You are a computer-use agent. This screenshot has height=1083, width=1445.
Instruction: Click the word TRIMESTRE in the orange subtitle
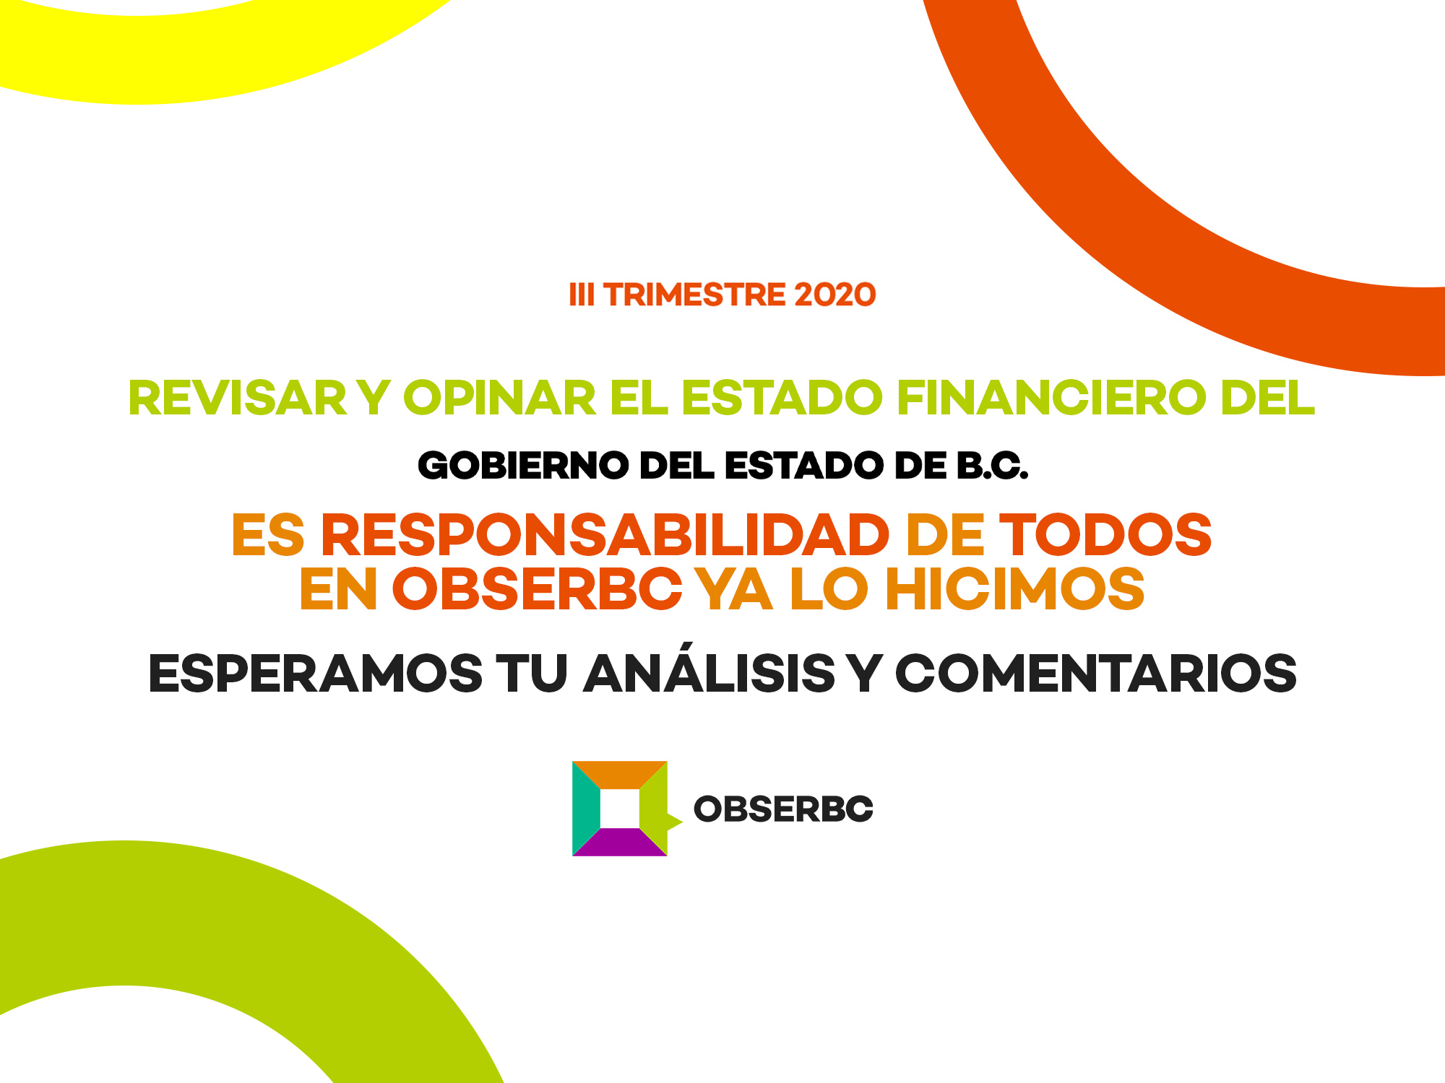(694, 295)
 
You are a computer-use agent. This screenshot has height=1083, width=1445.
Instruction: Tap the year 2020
(834, 295)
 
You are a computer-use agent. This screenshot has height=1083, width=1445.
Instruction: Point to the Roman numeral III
(582, 295)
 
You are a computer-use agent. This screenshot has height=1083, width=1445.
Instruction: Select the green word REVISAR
(238, 398)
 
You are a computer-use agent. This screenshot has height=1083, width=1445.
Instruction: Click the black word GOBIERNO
(523, 466)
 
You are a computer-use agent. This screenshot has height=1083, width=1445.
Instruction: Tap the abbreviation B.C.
(993, 466)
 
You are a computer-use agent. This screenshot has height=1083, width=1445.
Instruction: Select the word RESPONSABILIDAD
(605, 535)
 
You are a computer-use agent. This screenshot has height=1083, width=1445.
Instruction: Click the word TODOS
(1110, 535)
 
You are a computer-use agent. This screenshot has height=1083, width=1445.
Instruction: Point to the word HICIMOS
(1015, 589)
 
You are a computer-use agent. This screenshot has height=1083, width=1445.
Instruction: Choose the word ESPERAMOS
(316, 674)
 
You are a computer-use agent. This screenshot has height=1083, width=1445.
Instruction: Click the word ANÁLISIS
(709, 669)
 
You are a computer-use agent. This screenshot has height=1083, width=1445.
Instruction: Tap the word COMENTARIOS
(1096, 674)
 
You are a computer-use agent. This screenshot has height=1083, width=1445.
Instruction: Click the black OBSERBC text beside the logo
(783, 809)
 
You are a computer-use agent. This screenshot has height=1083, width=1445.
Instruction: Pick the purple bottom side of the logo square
(620, 843)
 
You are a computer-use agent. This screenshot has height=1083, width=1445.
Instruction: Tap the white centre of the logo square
(620, 809)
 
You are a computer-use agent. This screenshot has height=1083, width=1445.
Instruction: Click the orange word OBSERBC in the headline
(538, 589)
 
